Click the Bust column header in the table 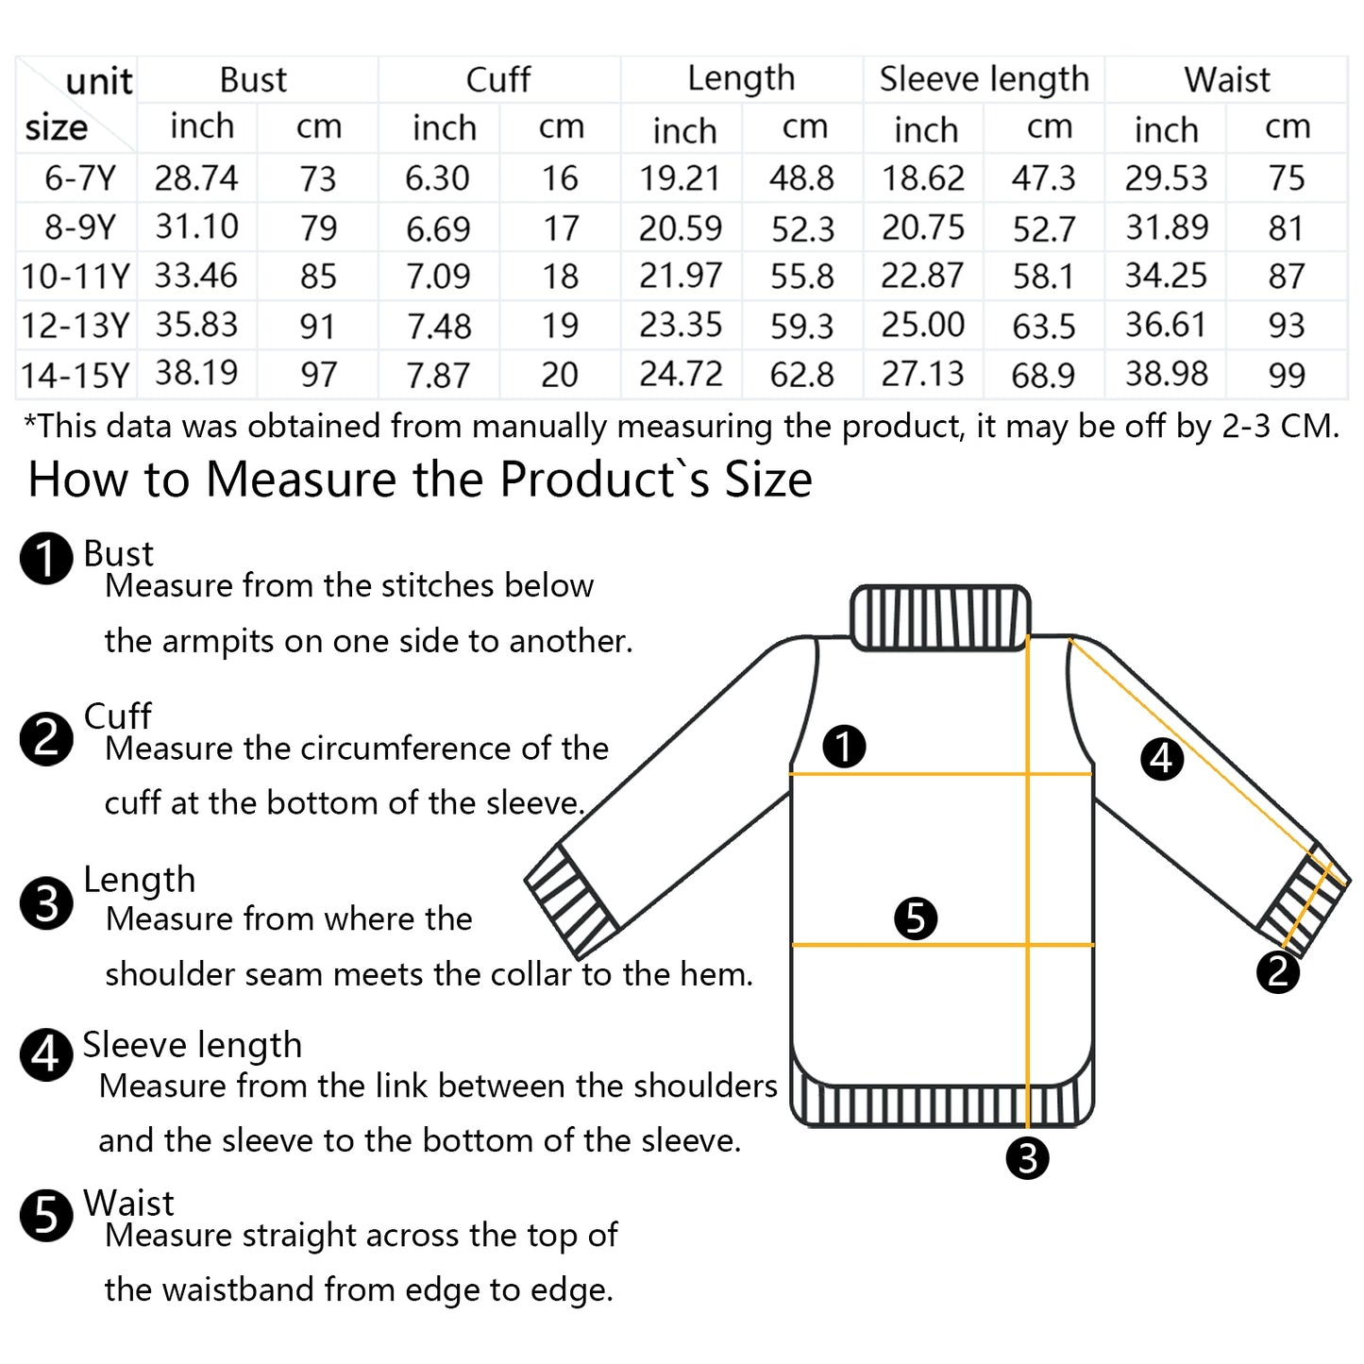[x=253, y=79]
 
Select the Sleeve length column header [x=984, y=79]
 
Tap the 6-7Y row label [x=80, y=177]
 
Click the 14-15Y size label [x=76, y=375]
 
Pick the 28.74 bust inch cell [x=196, y=177]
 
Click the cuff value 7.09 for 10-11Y [x=438, y=276]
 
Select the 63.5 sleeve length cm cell [x=1044, y=326]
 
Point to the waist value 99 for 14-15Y [x=1287, y=375]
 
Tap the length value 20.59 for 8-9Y [x=681, y=227]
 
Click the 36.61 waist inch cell [x=1166, y=325]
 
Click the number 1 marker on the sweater [x=844, y=746]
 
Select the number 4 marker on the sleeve [x=1162, y=759]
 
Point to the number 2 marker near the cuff [x=1278, y=972]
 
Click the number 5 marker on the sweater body [x=916, y=918]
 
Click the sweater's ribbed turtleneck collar [x=940, y=617]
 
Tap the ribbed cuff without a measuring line [x=572, y=899]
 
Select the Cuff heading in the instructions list [x=117, y=716]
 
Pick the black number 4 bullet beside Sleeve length [x=46, y=1054]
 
